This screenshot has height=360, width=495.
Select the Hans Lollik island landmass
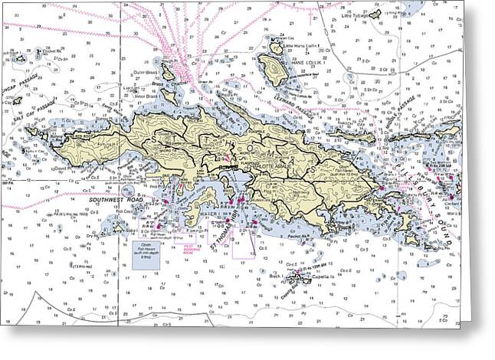(x=273, y=66)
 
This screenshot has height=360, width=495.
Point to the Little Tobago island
(x=375, y=14)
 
